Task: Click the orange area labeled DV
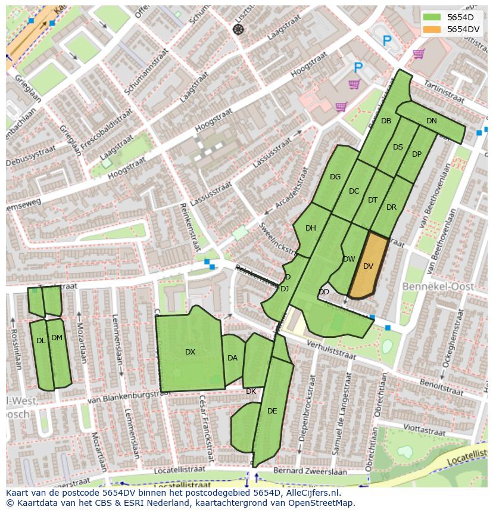(368, 266)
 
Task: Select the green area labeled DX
(190, 352)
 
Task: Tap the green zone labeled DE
(272, 411)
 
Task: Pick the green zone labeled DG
(335, 177)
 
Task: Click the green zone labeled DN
(432, 121)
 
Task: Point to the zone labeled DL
(40, 341)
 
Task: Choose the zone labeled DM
(57, 338)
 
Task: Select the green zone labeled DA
(232, 358)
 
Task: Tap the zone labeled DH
(310, 228)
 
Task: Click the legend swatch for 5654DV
(432, 29)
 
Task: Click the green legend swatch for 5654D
(432, 17)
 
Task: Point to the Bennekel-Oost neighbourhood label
(438, 287)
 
